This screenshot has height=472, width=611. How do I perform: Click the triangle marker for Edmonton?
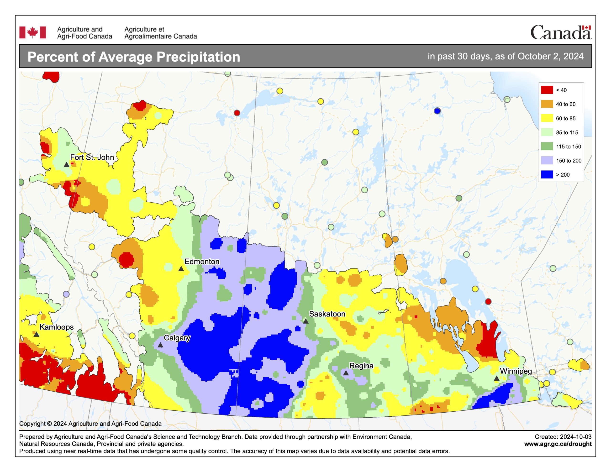pos(181,269)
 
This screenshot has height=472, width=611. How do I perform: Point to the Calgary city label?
pos(177,338)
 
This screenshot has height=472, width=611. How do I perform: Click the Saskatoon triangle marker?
pos(306,321)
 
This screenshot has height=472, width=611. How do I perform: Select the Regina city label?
pos(361,366)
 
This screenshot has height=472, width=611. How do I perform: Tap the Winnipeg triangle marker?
pos(496,378)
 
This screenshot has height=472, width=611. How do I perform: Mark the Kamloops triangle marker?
pos(36,334)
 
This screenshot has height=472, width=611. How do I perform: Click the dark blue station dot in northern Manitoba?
pos(437,111)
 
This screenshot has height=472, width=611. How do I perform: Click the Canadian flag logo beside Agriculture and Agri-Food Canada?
pos(32,32)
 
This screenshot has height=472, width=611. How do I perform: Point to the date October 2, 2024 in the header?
pos(550,56)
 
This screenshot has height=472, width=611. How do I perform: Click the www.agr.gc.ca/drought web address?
pos(558,444)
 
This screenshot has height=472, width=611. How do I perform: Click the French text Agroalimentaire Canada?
pos(161,36)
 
